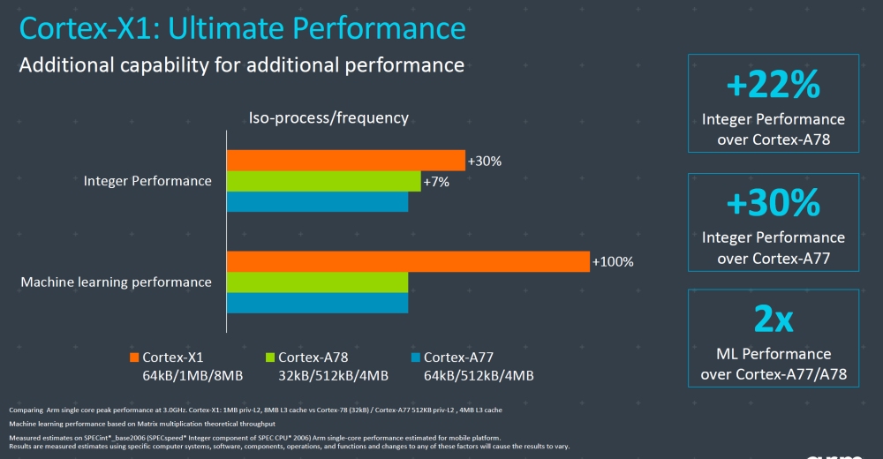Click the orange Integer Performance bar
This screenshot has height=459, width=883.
345,160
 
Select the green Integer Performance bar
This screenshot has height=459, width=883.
323,181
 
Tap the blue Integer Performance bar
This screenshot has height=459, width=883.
317,202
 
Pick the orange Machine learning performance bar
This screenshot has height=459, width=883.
407,261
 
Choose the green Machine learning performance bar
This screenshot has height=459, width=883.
317,282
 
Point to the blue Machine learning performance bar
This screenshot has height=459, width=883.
317,303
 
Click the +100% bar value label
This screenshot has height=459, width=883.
613,262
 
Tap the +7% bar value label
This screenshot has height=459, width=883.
436,182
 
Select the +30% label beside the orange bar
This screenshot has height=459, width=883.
484,161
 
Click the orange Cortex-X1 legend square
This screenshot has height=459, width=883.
134,357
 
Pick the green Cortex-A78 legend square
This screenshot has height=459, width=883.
270,357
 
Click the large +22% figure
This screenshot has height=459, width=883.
773,86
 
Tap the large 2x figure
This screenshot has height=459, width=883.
773,320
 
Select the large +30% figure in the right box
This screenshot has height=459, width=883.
773,204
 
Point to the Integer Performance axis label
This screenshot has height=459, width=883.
147,181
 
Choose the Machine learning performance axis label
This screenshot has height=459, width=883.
116,282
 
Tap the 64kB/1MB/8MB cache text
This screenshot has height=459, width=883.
192,376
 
